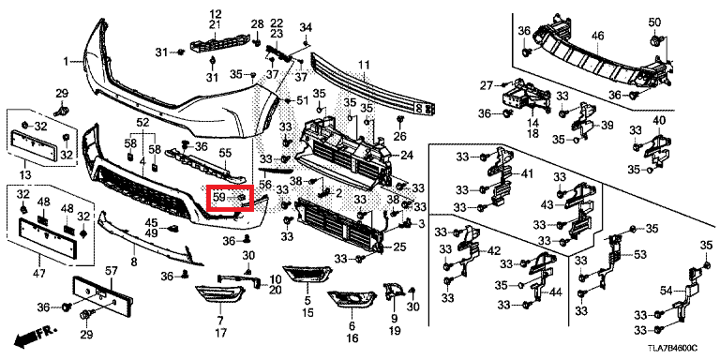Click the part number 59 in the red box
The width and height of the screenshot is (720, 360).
[218, 198]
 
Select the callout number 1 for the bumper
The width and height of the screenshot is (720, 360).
[66, 61]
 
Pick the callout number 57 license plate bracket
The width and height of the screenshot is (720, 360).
[112, 270]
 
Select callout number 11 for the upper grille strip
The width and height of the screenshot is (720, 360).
[364, 66]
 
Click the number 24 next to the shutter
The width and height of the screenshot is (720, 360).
[406, 156]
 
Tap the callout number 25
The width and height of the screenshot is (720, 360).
[399, 247]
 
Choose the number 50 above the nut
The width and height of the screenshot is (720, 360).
[654, 22]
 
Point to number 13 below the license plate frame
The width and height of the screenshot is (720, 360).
[25, 175]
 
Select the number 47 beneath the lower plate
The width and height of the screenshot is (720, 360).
[39, 274]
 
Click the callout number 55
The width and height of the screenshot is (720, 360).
[225, 151]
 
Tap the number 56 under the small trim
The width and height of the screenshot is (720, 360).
[264, 184]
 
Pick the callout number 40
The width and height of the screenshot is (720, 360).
[659, 121]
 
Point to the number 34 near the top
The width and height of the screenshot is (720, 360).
[306, 27]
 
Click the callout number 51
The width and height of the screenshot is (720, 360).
[303, 100]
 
